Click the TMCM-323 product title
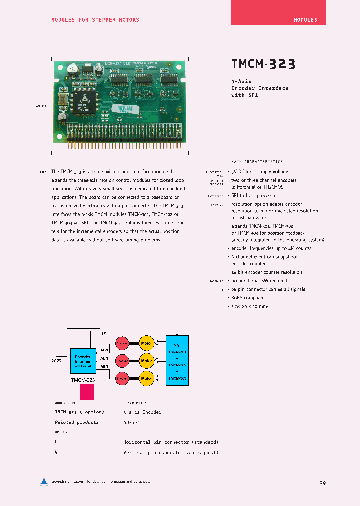point(263,64)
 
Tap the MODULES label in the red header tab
point(305,20)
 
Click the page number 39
point(322,483)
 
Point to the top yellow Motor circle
point(146,343)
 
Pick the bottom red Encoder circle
point(122,378)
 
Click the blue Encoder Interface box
point(82,360)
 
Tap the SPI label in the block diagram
point(104,333)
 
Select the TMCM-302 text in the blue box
point(177,365)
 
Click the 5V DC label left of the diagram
point(56,360)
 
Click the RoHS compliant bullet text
point(248,298)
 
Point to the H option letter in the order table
point(56,442)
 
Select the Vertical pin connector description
point(170,452)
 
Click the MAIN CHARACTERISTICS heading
point(257,162)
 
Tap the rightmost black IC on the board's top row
point(169,79)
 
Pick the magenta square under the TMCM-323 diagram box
point(87,391)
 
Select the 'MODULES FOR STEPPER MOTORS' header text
point(95,20)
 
